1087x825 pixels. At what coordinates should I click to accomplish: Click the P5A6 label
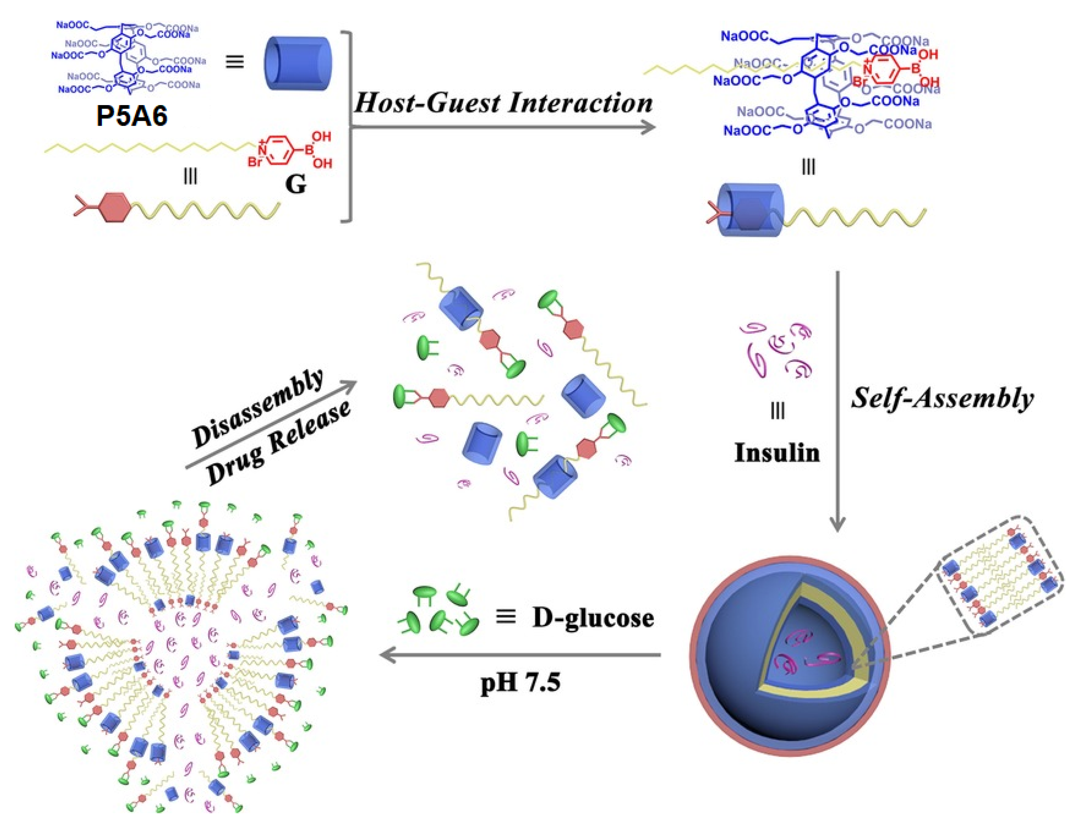click(132, 116)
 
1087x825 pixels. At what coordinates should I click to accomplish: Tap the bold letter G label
click(295, 185)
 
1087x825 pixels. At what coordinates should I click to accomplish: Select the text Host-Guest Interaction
click(504, 103)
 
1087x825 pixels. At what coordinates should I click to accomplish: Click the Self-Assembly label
click(942, 398)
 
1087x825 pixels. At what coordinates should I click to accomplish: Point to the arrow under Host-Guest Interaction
click(504, 128)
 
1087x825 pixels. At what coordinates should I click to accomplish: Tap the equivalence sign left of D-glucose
click(506, 617)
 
